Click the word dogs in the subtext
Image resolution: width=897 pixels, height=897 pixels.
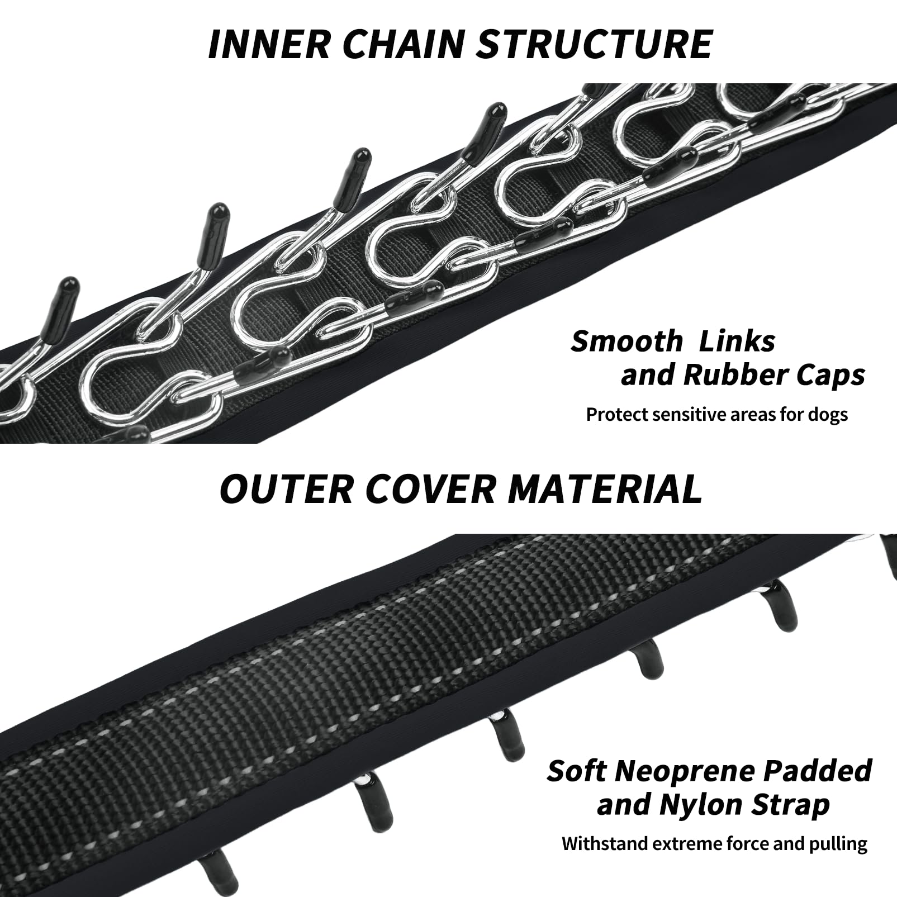pos(828,415)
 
